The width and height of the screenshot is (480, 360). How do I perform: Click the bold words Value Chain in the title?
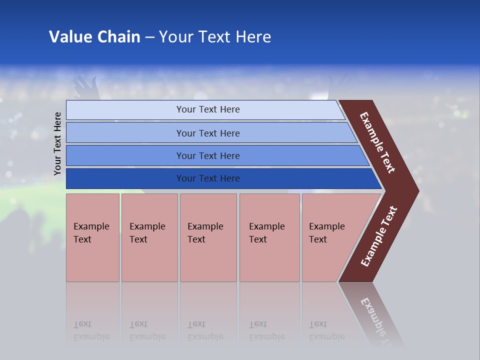(94, 37)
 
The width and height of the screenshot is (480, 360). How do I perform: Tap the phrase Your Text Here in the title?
(215, 37)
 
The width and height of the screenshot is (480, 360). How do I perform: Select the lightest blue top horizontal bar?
(125, 109)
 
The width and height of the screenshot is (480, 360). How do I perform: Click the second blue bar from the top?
(125, 133)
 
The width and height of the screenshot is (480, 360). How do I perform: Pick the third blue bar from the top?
(125, 155)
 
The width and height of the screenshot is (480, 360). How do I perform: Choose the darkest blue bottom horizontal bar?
(125, 178)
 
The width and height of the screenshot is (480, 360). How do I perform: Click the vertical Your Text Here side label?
(57, 143)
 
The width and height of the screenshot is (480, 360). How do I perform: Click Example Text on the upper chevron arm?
(377, 142)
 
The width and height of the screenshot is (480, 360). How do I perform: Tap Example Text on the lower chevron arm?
(379, 236)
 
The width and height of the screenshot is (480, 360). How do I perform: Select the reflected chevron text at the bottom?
(376, 315)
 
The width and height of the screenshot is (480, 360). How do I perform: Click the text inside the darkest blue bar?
(208, 178)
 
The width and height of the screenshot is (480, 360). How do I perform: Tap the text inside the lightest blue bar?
(208, 109)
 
